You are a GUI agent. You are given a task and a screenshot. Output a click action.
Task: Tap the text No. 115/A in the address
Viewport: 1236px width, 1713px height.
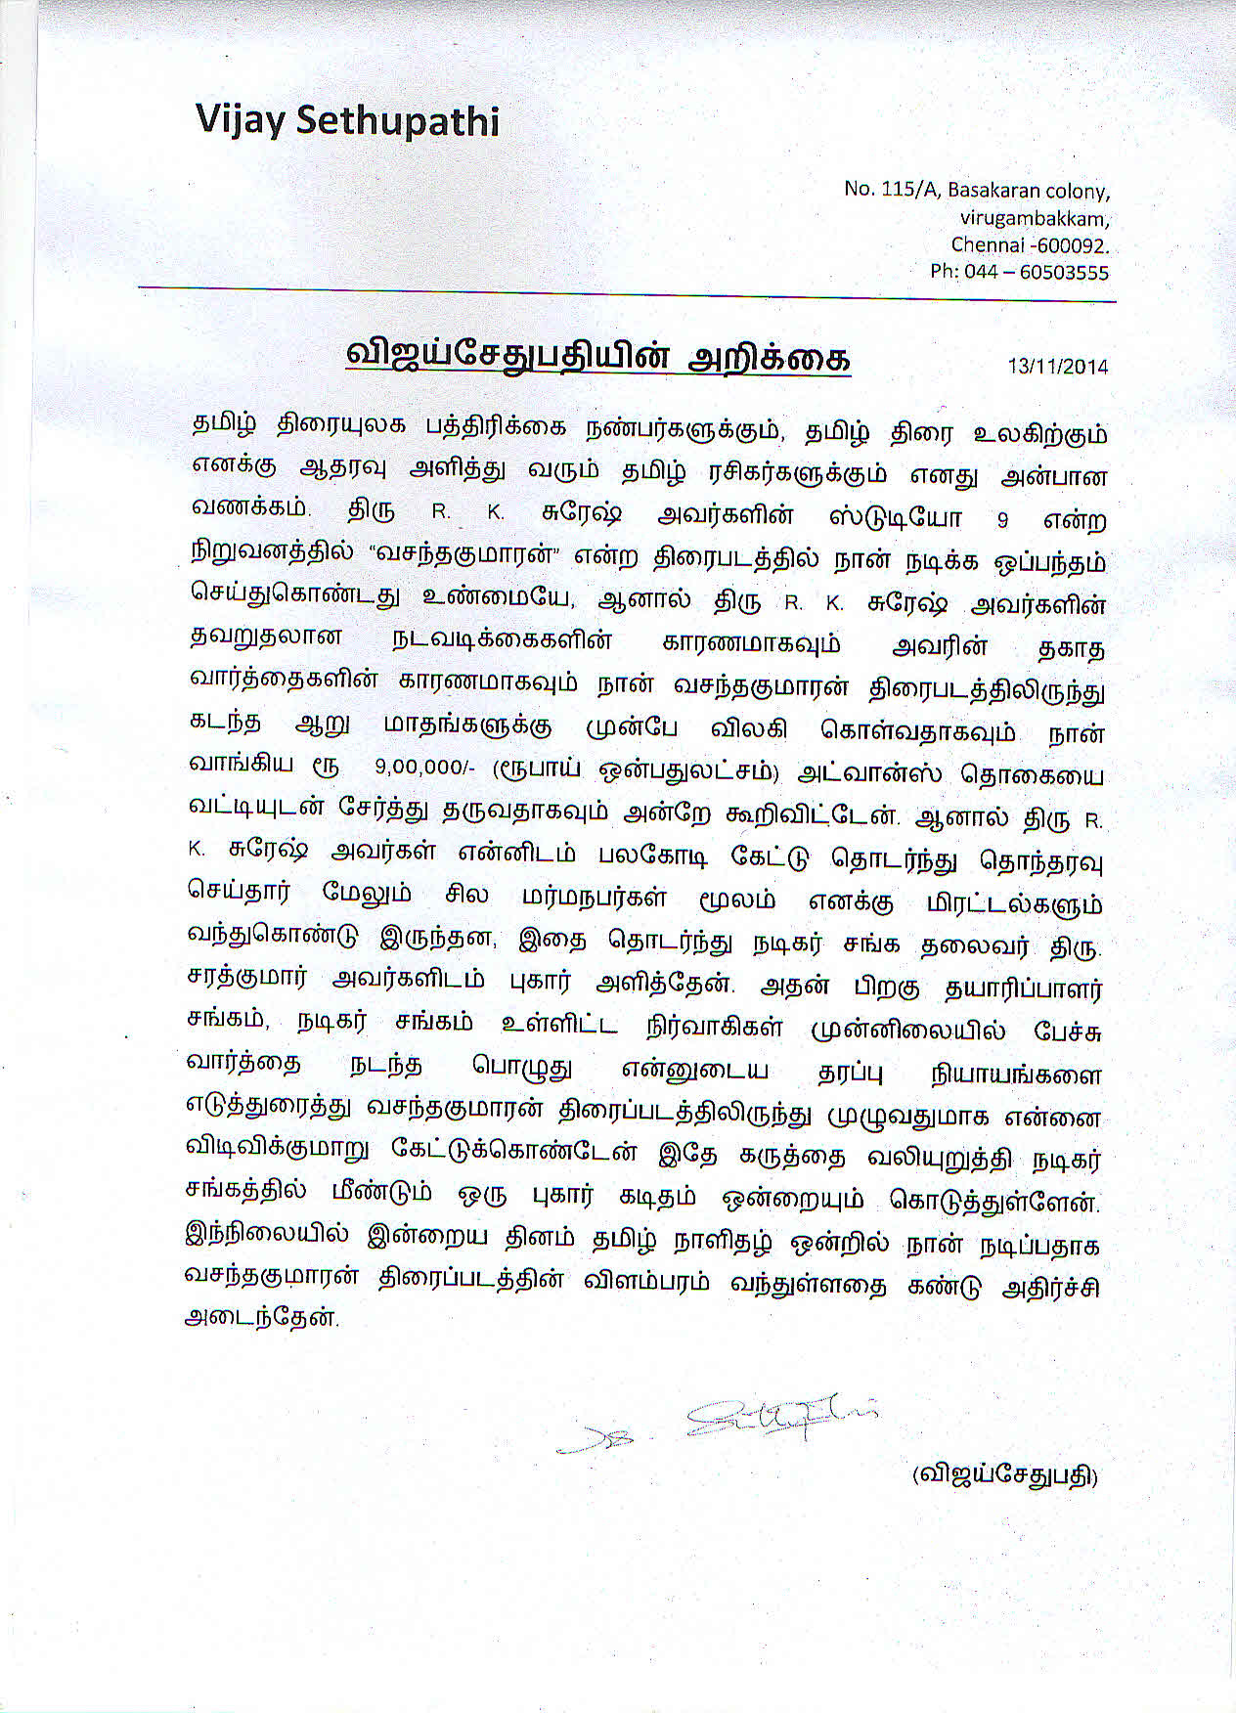point(880,190)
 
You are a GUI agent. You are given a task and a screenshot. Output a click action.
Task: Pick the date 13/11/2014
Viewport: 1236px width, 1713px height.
point(1058,366)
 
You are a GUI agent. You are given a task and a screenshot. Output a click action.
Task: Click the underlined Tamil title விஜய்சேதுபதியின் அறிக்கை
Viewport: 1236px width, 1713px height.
point(598,358)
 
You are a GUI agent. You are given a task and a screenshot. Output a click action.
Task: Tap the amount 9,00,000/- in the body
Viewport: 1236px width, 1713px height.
point(423,768)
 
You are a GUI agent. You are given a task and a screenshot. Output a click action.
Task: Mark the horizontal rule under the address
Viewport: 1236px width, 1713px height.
point(626,294)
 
